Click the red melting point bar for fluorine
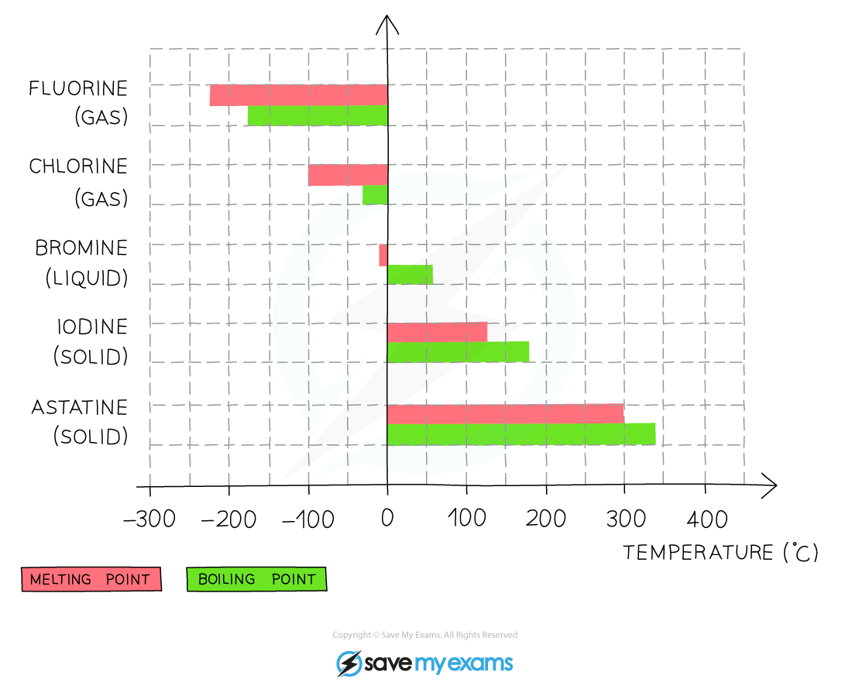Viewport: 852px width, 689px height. [x=299, y=95]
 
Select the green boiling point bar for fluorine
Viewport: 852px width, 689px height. [x=318, y=115]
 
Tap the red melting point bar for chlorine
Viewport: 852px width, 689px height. [x=349, y=176]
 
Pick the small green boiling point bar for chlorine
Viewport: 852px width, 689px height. [x=376, y=195]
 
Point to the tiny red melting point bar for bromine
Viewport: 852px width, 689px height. [x=383, y=255]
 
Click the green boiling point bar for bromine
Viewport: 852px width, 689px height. [x=411, y=275]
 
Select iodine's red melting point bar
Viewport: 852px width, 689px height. [x=438, y=332]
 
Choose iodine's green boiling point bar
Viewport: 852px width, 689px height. [x=458, y=351]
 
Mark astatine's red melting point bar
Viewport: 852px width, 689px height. [x=505, y=413]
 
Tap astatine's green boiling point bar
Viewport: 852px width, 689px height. [x=521, y=434]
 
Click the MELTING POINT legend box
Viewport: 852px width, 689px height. [x=91, y=579]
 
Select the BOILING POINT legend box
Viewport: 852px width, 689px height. [x=256, y=579]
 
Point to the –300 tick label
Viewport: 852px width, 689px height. [x=149, y=519]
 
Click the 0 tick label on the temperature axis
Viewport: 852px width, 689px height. [x=386, y=519]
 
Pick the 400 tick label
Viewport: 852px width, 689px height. [x=707, y=519]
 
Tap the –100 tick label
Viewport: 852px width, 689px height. [x=308, y=519]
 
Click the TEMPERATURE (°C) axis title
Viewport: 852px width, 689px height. [x=720, y=553]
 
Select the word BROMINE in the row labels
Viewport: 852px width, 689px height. [x=81, y=249]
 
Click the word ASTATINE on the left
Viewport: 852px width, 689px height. [x=79, y=407]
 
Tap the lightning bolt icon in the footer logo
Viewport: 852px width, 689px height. [x=349, y=663]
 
